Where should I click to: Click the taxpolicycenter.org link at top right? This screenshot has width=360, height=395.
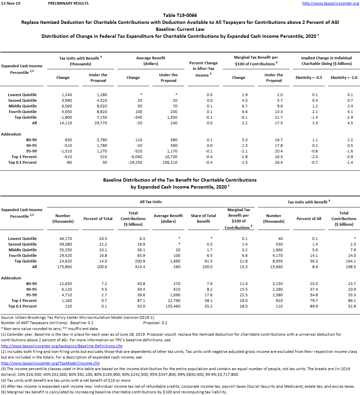(330, 3)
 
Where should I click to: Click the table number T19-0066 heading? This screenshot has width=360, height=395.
(180, 15)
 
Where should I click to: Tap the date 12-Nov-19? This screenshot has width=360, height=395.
(11, 3)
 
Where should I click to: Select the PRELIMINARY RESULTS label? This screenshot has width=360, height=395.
(68, 3)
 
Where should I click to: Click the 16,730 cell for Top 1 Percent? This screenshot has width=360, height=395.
(170, 157)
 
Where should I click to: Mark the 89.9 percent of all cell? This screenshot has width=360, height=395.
(313, 306)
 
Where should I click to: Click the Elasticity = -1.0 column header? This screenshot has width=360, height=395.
(344, 78)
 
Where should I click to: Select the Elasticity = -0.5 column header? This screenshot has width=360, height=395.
(309, 78)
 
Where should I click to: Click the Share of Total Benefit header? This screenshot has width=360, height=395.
(203, 218)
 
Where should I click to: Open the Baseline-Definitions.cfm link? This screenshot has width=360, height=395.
(62, 346)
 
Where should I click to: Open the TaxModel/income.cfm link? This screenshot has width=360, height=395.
(50, 363)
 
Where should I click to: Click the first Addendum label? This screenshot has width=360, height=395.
(11, 134)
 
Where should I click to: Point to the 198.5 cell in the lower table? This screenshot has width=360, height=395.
(350, 267)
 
